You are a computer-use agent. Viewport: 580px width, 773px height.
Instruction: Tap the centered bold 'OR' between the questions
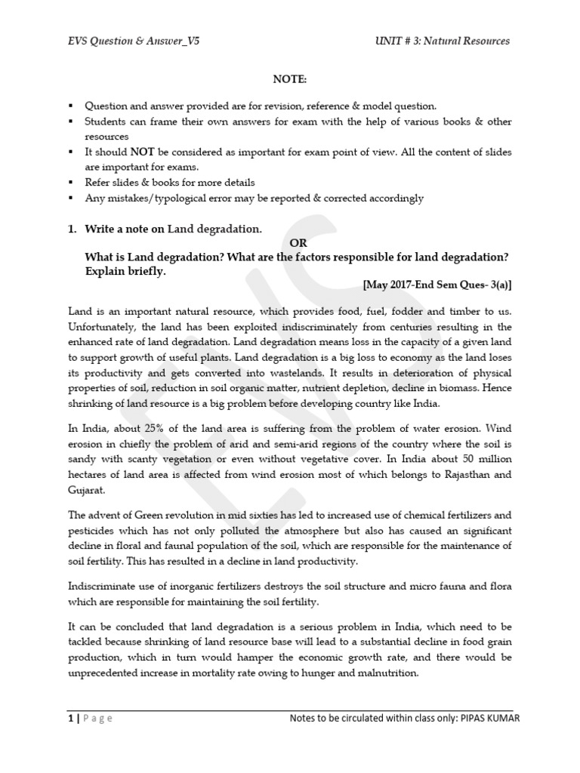point(299,243)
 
